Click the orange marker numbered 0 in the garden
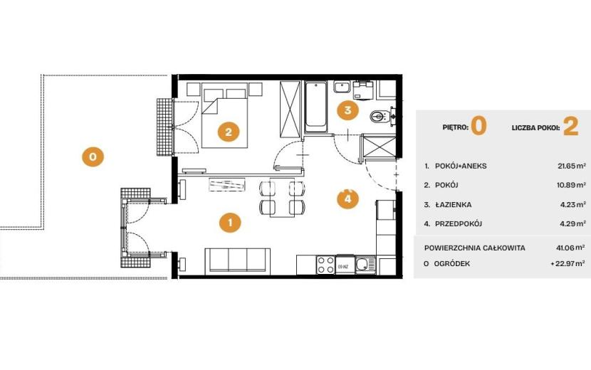click(93, 156)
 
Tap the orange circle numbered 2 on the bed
click(229, 132)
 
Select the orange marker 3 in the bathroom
click(347, 110)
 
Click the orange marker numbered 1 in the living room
click(230, 222)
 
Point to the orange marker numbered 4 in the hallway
click(347, 199)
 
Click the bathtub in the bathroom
click(315, 107)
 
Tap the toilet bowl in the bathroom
click(379, 116)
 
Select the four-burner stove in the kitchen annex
click(326, 265)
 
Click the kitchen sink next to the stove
click(365, 265)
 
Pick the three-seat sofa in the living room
click(237, 260)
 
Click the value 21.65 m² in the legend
click(572, 166)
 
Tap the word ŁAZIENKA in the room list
click(453, 205)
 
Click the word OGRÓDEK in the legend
click(452, 264)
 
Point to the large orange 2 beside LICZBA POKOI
click(570, 127)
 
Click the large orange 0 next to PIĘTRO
click(478, 126)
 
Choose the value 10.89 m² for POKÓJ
click(572, 185)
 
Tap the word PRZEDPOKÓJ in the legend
click(459, 224)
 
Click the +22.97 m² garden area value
click(568, 264)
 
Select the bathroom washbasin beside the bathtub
click(342, 87)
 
